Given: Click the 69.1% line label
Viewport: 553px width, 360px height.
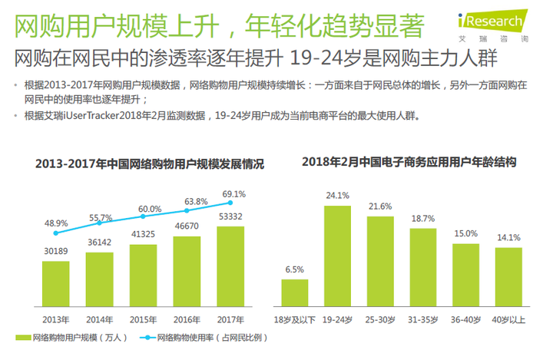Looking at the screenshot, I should pyautogui.click(x=232, y=194).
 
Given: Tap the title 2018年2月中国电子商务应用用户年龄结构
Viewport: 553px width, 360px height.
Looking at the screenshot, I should pyautogui.click(x=409, y=162).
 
